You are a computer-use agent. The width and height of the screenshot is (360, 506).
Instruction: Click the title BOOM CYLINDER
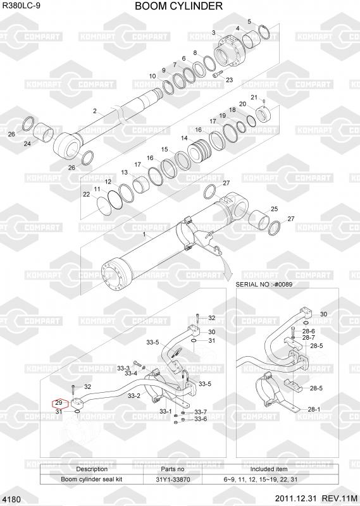(178, 6)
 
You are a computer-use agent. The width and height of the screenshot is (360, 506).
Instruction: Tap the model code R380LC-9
(22, 5)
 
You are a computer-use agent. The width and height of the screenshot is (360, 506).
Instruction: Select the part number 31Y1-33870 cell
(173, 479)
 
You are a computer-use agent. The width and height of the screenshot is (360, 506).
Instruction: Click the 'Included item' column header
(269, 469)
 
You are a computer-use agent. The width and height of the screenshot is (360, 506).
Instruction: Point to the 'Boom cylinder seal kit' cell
(91, 479)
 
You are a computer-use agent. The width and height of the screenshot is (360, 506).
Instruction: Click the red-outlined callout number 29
(59, 403)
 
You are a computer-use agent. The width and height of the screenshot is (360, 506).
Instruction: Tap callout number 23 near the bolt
(229, 80)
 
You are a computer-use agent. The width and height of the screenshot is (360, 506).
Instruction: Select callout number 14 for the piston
(184, 138)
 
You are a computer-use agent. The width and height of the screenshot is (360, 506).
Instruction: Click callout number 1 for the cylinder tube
(144, 235)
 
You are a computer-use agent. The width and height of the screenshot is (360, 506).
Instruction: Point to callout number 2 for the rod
(95, 111)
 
